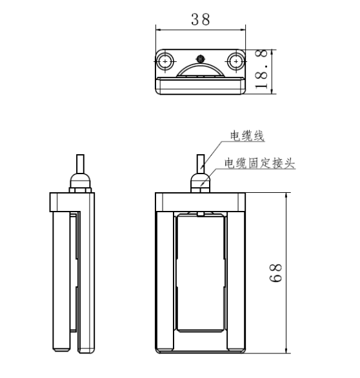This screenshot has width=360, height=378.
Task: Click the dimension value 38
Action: click(x=201, y=19)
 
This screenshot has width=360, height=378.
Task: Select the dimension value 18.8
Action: click(x=261, y=70)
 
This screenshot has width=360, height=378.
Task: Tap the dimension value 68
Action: click(x=275, y=273)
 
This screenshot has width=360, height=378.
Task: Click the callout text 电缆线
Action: click(x=247, y=135)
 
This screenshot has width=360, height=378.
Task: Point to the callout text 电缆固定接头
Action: click(x=260, y=163)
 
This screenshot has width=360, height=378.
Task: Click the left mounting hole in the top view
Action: click(x=165, y=61)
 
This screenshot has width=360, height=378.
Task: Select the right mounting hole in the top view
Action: click(x=236, y=61)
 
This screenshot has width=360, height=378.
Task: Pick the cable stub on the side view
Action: click(x=80, y=164)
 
